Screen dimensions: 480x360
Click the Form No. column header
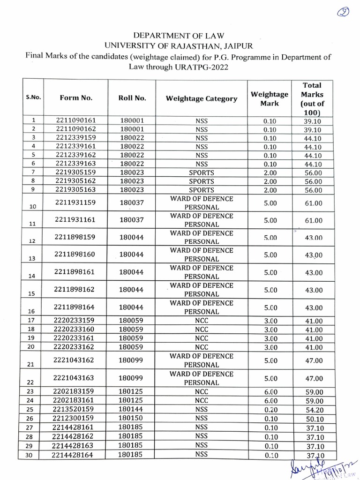[x=76, y=98]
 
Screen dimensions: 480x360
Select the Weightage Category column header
[x=201, y=99]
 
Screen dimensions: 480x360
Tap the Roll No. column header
[x=132, y=98]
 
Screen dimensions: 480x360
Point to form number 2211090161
[x=76, y=121]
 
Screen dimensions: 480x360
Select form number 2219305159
[x=76, y=172]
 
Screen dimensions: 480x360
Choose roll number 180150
[x=131, y=418]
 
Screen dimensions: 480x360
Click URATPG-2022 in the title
[x=205, y=67]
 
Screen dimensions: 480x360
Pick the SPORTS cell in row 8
[x=201, y=181]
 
